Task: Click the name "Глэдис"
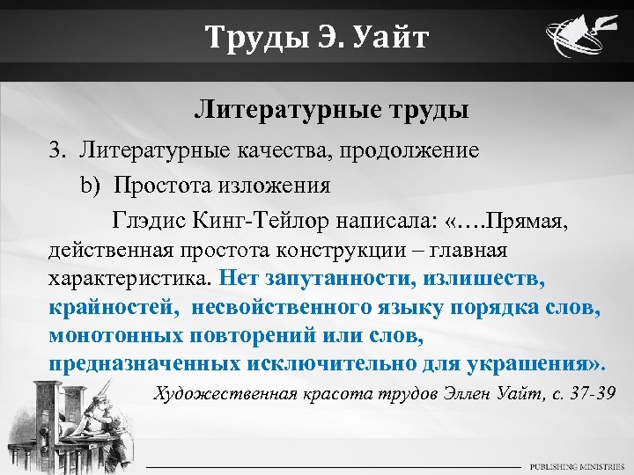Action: (x=147, y=221)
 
